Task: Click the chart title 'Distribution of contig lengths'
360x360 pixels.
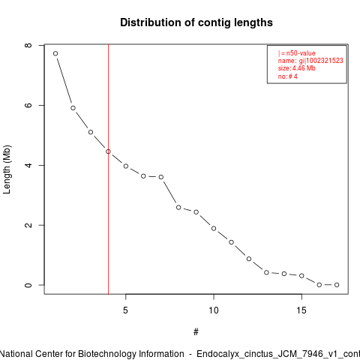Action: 196,22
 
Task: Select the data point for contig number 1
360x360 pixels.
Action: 55,53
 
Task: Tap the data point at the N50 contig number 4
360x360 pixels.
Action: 108,151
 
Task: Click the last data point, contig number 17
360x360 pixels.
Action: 337,285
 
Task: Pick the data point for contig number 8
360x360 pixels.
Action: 178,207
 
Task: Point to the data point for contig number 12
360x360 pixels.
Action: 249,259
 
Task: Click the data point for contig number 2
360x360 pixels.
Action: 73,108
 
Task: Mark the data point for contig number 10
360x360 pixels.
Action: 214,228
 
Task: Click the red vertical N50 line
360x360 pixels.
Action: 108,169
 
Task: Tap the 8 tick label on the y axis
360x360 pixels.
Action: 28,45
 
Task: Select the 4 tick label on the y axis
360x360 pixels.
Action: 28,165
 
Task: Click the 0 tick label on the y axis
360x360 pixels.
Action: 28,285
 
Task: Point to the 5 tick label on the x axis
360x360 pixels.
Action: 125,310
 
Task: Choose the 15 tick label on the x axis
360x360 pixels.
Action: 301,310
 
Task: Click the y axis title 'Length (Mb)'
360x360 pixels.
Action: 7,169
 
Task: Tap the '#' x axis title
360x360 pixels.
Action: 196,332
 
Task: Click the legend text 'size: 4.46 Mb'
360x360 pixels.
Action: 297,68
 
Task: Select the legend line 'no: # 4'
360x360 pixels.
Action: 288,76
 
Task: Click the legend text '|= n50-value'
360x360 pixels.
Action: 297,53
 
